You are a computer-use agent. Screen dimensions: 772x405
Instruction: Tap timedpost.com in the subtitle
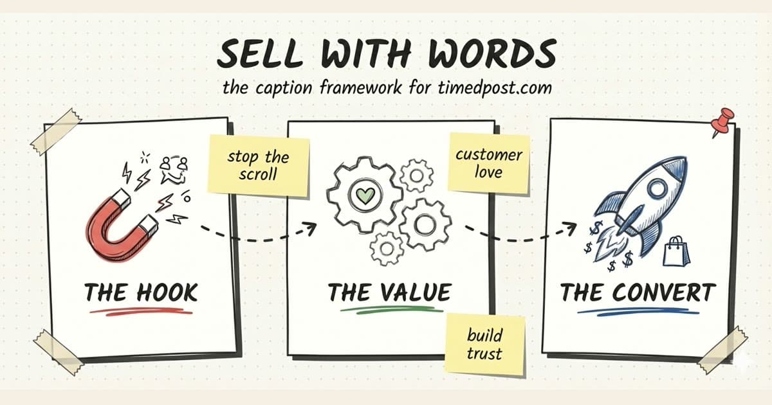coord(495,87)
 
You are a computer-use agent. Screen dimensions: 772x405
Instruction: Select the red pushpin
coord(722,122)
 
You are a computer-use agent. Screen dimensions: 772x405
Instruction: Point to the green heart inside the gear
coord(365,195)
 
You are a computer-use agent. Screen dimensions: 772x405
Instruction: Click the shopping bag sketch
coord(676,251)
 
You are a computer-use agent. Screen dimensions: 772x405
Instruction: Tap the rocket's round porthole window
coord(657,189)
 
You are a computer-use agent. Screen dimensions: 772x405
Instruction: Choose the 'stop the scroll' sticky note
coord(258,166)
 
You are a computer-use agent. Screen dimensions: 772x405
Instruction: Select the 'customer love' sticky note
coord(489,163)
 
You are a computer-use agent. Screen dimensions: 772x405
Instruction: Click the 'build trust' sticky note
coord(484,345)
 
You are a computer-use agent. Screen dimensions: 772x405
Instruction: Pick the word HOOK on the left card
coord(167,293)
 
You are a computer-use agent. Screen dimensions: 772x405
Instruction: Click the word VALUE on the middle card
coord(416,292)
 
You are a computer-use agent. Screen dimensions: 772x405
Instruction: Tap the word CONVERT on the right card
coord(664,292)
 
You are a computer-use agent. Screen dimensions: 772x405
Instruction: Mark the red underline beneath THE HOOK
coord(141,311)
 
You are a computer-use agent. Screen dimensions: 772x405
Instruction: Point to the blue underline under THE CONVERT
coord(638,311)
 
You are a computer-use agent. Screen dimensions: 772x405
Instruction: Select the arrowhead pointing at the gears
coord(310,228)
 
